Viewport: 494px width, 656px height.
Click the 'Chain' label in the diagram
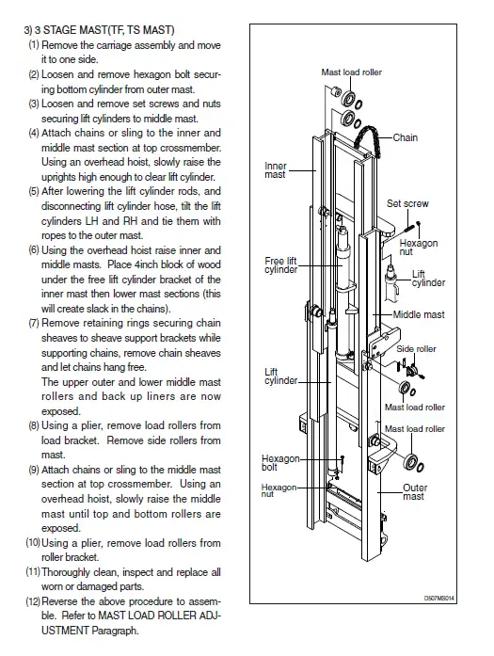tap(405, 137)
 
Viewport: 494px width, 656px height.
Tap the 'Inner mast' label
tap(276, 170)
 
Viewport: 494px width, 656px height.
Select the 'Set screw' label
tap(407, 203)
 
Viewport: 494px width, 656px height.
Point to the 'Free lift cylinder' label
tap(280, 265)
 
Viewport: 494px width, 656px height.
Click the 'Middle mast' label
tap(419, 314)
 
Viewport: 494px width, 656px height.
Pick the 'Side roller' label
tap(416, 349)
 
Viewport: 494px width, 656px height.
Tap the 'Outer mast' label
tap(415, 492)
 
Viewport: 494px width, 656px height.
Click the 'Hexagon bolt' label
tap(280, 463)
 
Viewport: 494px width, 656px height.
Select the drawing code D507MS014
tap(438, 598)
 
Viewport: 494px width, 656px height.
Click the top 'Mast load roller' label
tap(351, 72)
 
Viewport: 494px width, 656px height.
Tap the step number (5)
tap(34, 192)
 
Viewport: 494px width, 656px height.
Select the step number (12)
tap(33, 601)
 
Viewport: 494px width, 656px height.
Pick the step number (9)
tap(34, 470)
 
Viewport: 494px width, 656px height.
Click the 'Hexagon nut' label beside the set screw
tap(419, 248)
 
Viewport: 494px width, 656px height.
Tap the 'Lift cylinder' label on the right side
tap(428, 279)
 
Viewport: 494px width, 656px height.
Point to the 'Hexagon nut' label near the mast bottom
tap(279, 490)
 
